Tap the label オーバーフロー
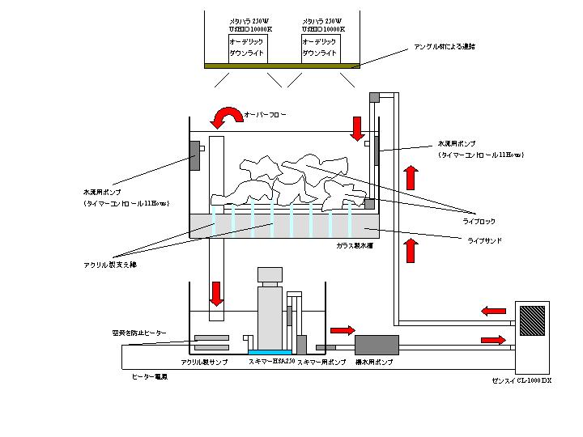tap(265, 116)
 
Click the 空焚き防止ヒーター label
tap(140, 333)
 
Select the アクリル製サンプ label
tap(205, 363)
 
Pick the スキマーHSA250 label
tap(270, 363)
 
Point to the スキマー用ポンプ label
tap(322, 363)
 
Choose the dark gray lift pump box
tap(377, 346)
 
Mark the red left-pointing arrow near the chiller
tap(493, 310)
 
